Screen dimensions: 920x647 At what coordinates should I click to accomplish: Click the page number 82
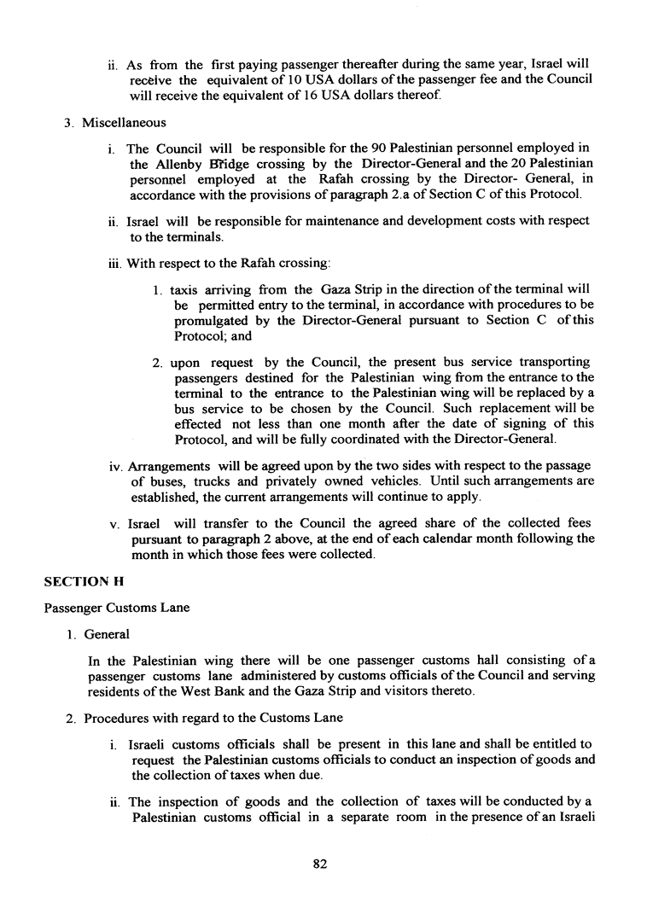click(x=321, y=864)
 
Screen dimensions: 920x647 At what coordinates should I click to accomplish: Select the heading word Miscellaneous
click(x=124, y=123)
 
